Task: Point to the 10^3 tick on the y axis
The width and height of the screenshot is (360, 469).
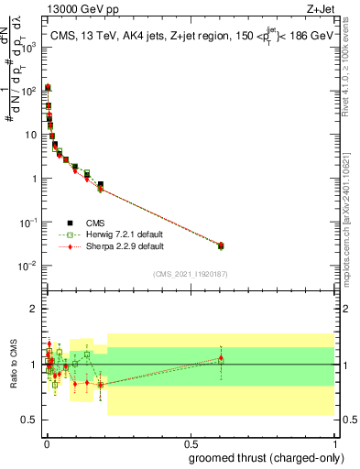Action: (40, 47)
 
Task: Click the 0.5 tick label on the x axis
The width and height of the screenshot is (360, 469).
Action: (191, 444)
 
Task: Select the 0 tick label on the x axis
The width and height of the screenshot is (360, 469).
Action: (45, 444)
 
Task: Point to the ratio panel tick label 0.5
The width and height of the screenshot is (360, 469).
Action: (28, 420)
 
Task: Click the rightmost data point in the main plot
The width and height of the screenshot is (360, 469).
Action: (220, 245)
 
